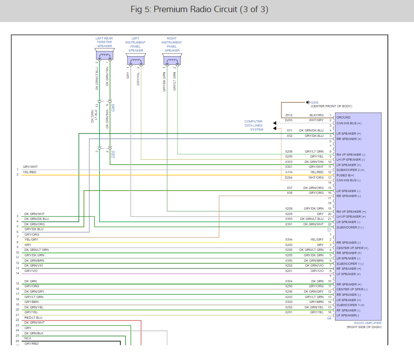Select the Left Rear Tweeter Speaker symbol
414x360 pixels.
(105, 55)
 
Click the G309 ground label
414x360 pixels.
(315, 102)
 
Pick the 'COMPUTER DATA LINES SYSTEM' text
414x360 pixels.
(254, 126)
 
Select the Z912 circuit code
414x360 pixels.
(289, 115)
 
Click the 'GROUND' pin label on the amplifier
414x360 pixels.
(344, 118)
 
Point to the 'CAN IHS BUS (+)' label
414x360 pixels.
(349, 123)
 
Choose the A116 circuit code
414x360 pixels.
(289, 172)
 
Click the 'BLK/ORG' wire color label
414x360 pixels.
(316, 115)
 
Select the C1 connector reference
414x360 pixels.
(329, 229)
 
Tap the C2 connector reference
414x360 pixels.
(329, 318)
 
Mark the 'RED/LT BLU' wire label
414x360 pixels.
(33, 317)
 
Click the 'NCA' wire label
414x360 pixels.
(28, 338)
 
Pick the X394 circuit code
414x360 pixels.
(289, 240)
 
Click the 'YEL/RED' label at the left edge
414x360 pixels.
(31, 172)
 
